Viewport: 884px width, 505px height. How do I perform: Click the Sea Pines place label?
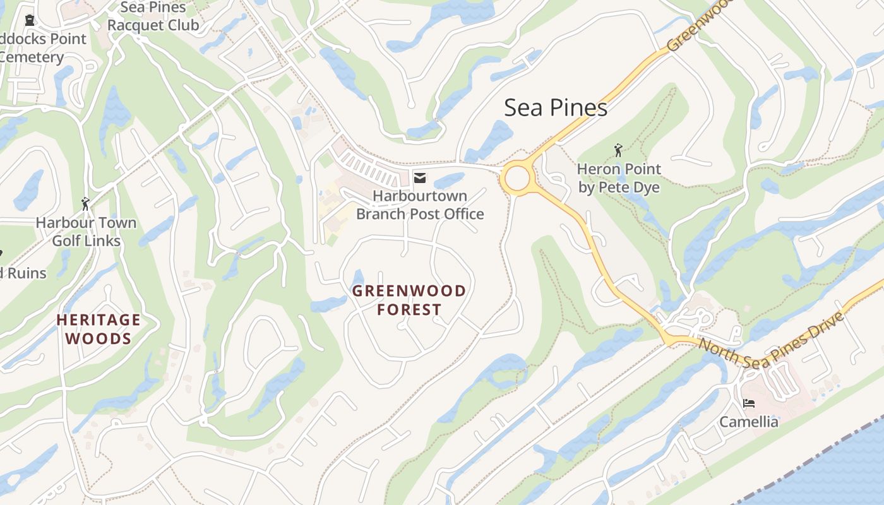[x=556, y=108]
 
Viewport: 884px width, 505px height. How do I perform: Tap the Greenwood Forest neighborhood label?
[x=409, y=300]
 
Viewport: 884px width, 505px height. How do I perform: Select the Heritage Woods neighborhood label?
[x=99, y=330]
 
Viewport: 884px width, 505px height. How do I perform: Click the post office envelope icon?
[x=419, y=179]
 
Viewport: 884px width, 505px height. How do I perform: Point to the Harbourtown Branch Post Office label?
[x=420, y=205]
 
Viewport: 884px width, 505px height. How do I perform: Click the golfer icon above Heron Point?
[x=618, y=150]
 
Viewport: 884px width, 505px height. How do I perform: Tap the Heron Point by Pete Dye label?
[x=619, y=179]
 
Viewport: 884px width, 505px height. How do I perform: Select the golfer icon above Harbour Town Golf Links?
[x=86, y=204]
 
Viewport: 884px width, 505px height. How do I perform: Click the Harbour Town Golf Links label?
[x=86, y=232]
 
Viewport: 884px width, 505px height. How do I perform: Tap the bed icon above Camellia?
[x=749, y=403]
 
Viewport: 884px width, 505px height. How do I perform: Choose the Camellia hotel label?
[x=749, y=422]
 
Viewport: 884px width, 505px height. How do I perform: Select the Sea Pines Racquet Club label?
[x=153, y=16]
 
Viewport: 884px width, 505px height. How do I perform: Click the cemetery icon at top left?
[x=29, y=20]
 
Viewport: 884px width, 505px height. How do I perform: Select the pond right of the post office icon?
[x=450, y=181]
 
